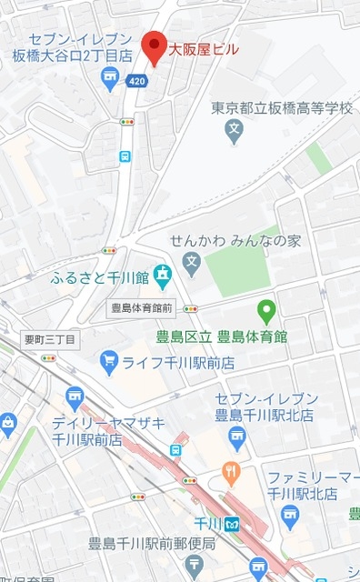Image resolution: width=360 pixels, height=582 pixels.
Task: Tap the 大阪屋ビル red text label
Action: coord(202,50)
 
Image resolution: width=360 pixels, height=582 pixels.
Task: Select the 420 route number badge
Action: coord(136,81)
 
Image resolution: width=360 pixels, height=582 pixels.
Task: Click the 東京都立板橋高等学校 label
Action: coord(281,108)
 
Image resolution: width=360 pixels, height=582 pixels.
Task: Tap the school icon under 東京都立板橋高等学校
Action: coord(235,132)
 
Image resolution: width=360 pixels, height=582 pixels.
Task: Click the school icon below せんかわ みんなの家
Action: coord(191,266)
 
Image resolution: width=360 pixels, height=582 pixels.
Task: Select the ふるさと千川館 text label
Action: coord(100,276)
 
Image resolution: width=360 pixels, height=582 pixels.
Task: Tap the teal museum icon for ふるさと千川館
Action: coord(162,274)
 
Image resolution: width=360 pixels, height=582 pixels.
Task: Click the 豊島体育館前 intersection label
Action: coord(141,307)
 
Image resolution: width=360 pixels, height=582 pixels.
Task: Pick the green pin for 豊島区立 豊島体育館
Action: coord(266,312)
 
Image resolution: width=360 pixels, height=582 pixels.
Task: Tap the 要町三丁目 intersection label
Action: coord(51,339)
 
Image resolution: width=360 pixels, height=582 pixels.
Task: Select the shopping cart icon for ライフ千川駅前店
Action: coord(110,361)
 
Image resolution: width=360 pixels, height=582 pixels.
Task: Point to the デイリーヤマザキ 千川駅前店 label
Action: coord(97,431)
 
